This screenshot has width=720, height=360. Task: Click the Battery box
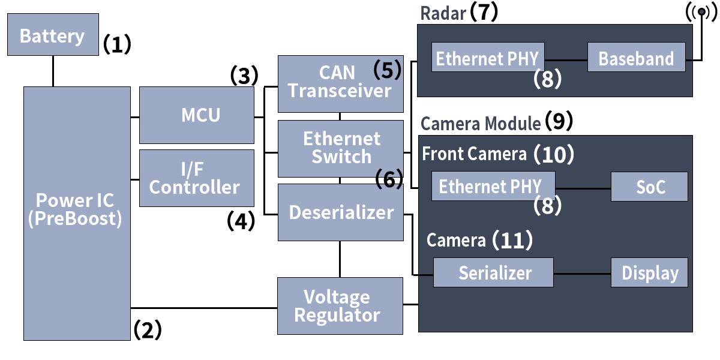[53, 35]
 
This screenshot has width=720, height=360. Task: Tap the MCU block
[197, 115]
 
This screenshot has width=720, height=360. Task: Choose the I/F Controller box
[197, 178]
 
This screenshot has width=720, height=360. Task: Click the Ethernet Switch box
[340, 148]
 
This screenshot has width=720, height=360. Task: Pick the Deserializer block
[340, 212]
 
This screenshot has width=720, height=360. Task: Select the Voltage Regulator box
[340, 306]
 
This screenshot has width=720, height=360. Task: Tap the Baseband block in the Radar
[636, 58]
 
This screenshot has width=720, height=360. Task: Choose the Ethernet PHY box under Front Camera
[493, 186]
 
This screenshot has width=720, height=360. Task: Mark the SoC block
[649, 186]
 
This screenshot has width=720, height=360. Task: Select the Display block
[649, 273]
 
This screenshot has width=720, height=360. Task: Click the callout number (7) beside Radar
[484, 13]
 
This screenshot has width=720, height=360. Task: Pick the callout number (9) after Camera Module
[559, 122]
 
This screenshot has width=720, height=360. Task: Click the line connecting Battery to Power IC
[53, 71]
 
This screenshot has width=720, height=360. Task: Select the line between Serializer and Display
[582, 273]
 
